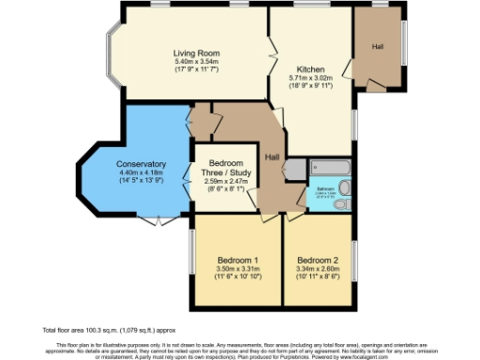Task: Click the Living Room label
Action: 195,52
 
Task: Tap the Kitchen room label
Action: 311,69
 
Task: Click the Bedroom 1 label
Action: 238,259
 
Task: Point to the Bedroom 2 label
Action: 316,259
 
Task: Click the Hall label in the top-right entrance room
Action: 379,46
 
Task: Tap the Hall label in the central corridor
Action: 272,157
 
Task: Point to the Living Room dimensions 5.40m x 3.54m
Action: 195,62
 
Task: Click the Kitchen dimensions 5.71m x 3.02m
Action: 311,79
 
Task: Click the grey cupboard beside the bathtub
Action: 295,169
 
